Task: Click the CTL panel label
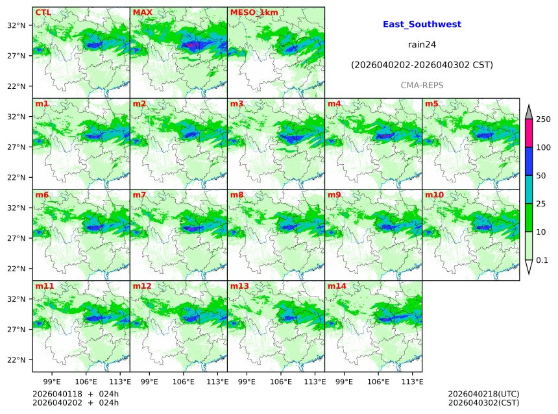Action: point(43,12)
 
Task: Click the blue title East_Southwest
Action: point(422,24)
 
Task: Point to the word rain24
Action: point(422,45)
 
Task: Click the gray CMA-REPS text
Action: point(422,86)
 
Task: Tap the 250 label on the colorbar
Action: point(543,119)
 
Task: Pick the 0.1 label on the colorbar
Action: point(542,260)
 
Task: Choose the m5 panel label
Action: point(432,104)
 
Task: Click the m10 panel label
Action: point(435,195)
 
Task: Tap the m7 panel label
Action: point(139,195)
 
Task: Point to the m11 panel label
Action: point(45,286)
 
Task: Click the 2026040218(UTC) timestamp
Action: point(483,394)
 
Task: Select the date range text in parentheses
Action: point(422,66)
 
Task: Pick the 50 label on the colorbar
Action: point(541,176)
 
